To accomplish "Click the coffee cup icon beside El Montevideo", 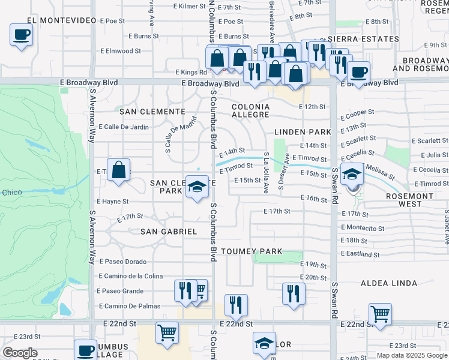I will point(21,34).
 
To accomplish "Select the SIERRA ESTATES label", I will point(364,39).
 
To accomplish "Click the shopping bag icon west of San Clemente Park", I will point(119,169).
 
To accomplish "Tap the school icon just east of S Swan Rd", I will point(352,175).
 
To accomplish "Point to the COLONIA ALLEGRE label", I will point(251,111).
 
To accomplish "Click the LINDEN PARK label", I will point(303,131).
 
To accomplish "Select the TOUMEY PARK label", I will point(249,251).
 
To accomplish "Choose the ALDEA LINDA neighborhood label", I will point(388,283).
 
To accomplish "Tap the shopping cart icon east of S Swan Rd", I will point(380,313).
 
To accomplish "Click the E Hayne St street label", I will point(113,202).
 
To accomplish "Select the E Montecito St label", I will point(363,228).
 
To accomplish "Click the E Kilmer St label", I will point(189,6).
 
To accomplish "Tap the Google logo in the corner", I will point(20,353).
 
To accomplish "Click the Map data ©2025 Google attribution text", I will point(411,355).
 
